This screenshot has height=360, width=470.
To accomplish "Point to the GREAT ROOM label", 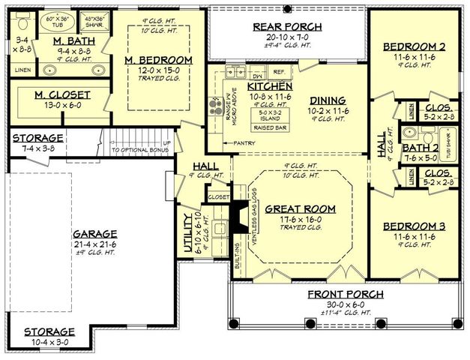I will (297, 208).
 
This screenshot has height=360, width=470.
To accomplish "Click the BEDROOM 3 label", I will (414, 226).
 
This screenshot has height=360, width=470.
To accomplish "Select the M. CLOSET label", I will (62, 94).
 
